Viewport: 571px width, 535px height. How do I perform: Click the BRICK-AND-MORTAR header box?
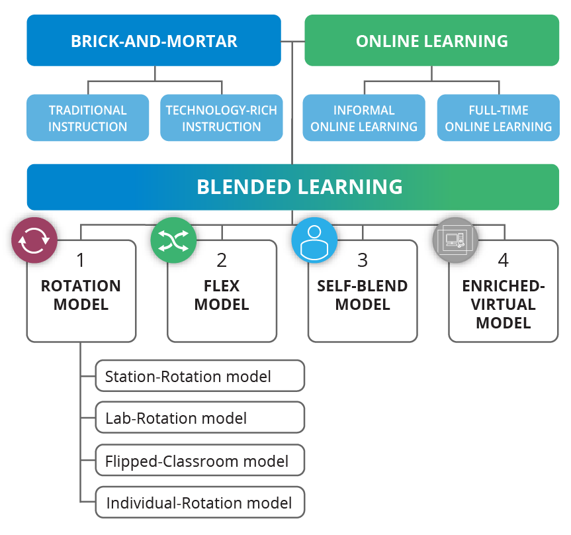click(154, 41)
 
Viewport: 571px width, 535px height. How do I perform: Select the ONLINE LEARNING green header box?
click(431, 41)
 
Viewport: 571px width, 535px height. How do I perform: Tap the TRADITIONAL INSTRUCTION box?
click(87, 118)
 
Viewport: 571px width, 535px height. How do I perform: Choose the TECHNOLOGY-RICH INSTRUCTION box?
click(221, 118)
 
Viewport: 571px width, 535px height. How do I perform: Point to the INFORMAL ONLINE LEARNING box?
click(363, 118)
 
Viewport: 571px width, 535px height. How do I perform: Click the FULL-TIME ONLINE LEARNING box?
click(498, 118)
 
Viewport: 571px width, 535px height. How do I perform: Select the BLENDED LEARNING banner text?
click(299, 187)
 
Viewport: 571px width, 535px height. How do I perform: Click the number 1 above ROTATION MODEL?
click(81, 260)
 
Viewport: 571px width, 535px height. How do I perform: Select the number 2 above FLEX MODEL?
click(222, 260)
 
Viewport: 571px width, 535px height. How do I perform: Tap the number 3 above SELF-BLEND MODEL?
click(363, 260)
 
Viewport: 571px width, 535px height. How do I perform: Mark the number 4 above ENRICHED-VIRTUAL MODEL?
click(504, 260)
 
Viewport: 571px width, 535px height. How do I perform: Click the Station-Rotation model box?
click(200, 376)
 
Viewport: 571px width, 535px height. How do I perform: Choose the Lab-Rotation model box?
click(200, 418)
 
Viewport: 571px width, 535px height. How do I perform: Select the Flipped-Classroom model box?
click(200, 460)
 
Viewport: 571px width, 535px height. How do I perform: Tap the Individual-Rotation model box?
click(200, 503)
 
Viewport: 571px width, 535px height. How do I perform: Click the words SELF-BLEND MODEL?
click(363, 295)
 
